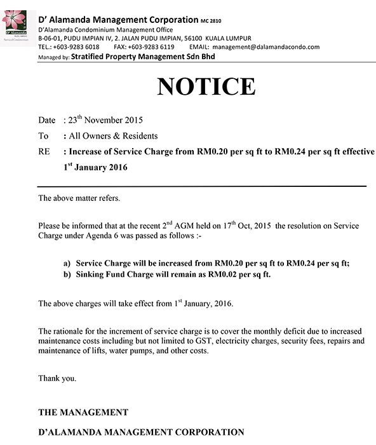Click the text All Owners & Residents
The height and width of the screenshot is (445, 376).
click(113, 136)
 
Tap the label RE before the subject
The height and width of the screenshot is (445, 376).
click(44, 153)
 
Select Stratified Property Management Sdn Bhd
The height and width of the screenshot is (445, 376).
click(143, 57)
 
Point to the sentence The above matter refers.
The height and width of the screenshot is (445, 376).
click(79, 198)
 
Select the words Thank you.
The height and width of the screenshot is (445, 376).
click(57, 378)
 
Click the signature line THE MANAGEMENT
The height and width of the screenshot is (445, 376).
click(83, 412)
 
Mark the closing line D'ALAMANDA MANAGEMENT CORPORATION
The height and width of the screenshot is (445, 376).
click(141, 432)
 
